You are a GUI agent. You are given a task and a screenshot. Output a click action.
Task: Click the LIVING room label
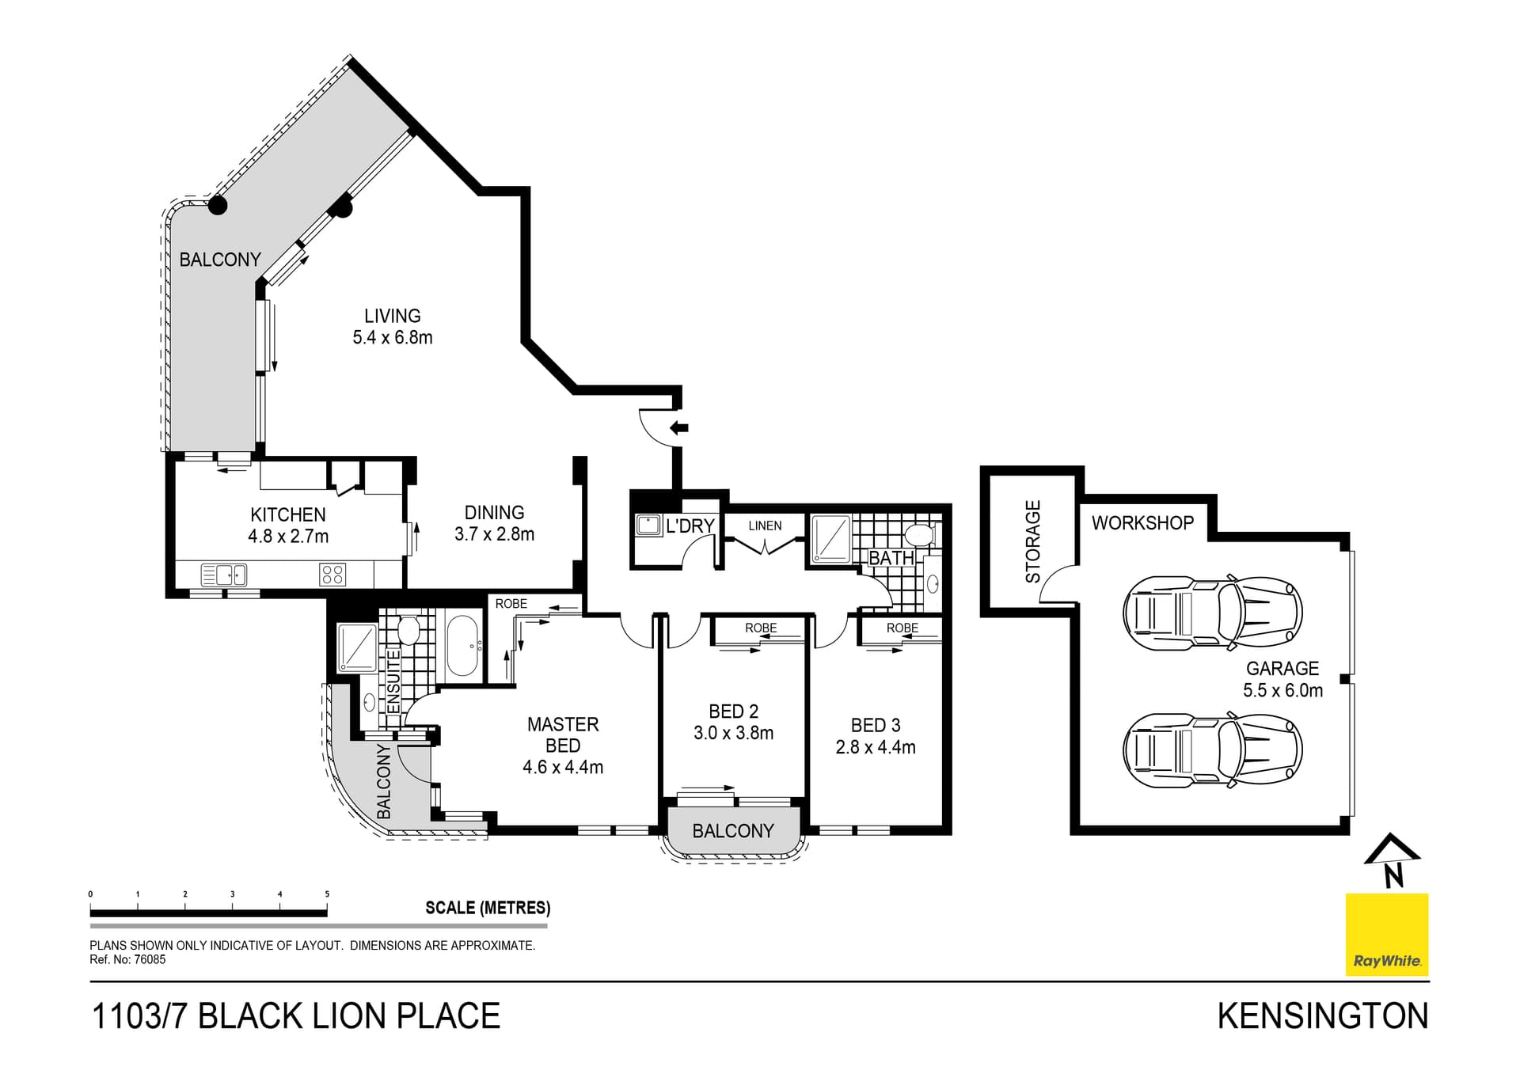click(x=392, y=316)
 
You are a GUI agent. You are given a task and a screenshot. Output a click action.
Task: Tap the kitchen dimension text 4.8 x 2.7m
click(x=287, y=537)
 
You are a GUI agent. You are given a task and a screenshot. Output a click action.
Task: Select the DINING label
click(x=494, y=513)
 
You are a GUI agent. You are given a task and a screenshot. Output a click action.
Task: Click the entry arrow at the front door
click(x=679, y=428)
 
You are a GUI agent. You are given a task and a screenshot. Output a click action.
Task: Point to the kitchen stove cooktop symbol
click(x=332, y=574)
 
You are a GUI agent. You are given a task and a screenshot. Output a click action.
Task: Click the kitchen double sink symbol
click(x=224, y=575)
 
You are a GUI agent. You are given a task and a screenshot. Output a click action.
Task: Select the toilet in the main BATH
click(x=920, y=536)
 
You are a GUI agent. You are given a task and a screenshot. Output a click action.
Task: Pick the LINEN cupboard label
click(x=765, y=526)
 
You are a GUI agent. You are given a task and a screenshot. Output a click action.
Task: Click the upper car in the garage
click(x=1211, y=613)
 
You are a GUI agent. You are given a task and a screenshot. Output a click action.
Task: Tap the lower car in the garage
click(x=1211, y=750)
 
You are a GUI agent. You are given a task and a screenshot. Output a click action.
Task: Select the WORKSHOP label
click(x=1142, y=523)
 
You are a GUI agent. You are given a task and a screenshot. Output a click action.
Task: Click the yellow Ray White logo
click(x=1387, y=935)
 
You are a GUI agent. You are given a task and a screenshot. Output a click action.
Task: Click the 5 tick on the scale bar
click(x=327, y=895)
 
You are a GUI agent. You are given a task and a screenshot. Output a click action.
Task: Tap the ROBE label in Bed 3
click(x=902, y=628)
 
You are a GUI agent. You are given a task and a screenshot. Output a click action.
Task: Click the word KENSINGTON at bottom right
click(x=1322, y=1016)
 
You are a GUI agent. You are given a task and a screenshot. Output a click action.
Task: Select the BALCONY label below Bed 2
click(x=732, y=831)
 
